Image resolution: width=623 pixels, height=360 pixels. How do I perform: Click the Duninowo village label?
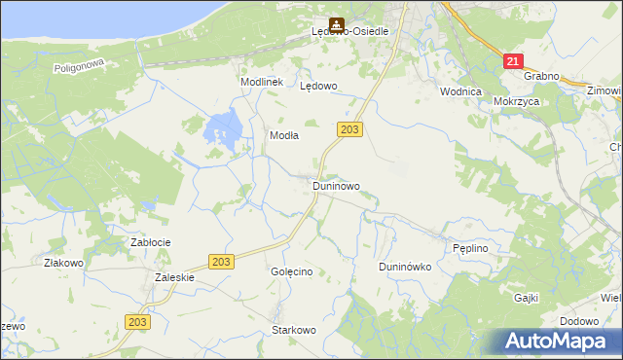(x=336, y=185)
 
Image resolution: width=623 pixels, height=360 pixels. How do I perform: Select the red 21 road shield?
(x=513, y=60)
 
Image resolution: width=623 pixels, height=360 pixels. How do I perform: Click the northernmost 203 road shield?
(x=351, y=129)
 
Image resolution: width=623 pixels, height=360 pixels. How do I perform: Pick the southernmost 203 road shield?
(x=137, y=322)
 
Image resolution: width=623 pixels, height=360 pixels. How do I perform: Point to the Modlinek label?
(x=262, y=83)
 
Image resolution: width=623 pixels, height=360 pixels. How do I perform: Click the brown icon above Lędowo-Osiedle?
(x=336, y=22)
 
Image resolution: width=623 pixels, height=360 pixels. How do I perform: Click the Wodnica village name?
(x=460, y=91)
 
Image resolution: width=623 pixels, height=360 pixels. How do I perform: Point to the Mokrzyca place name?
(x=516, y=100)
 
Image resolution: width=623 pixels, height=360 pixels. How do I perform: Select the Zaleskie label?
(x=175, y=277)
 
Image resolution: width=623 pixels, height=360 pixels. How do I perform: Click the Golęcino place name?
(x=291, y=271)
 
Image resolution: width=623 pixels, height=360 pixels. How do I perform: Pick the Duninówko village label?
(x=405, y=267)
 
